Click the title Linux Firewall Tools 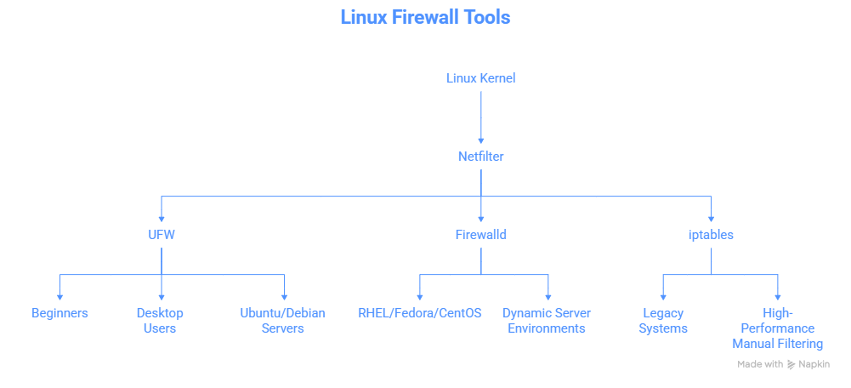[x=425, y=17]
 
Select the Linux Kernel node [x=481, y=78]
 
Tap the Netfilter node [x=481, y=157]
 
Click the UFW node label [x=162, y=235]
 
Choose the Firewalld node [x=481, y=235]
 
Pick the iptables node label [x=711, y=235]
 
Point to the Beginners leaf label [x=60, y=313]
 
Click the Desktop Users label [x=160, y=321]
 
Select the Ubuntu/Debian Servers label [x=283, y=321]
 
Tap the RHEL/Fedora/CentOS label [x=420, y=313]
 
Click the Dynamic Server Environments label [x=547, y=321]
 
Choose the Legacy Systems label [x=663, y=321]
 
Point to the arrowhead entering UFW [x=162, y=217]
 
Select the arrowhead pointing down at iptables [x=711, y=217]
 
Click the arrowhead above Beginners [x=60, y=295]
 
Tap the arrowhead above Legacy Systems [x=663, y=295]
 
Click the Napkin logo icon [x=791, y=364]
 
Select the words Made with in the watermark [x=760, y=364]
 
